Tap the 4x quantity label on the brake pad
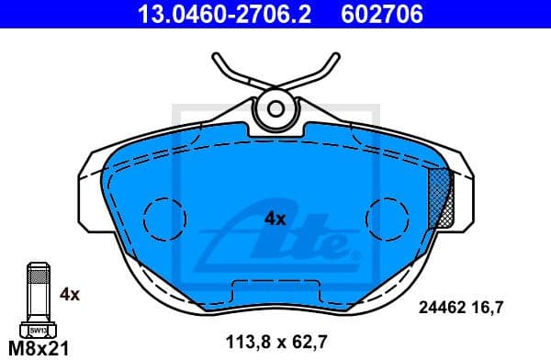275,219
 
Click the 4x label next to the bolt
71,295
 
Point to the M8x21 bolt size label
38,348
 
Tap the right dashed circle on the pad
387,219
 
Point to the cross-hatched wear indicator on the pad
441,197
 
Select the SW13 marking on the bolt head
37,329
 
